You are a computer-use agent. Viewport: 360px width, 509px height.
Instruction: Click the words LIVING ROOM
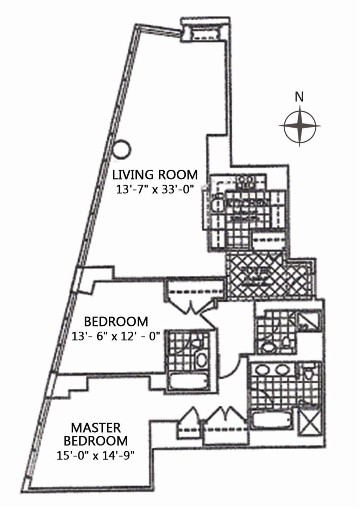pyautogui.click(x=155, y=175)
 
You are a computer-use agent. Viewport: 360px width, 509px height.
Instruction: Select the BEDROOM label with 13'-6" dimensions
pyautogui.click(x=116, y=321)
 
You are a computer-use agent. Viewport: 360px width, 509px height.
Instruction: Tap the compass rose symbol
pyautogui.click(x=300, y=126)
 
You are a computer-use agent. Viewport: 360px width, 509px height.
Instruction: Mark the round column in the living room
pyautogui.click(x=122, y=150)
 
